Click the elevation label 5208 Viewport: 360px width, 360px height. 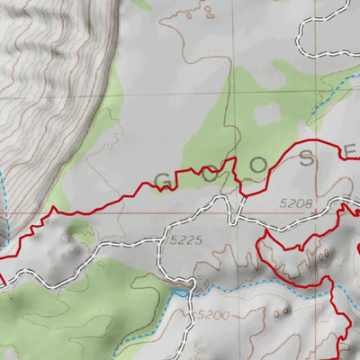(295, 204)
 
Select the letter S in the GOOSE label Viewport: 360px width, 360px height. (309, 158)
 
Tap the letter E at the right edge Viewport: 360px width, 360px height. (351, 150)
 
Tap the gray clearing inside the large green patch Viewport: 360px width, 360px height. (267, 113)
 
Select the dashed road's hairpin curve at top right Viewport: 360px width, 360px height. (306, 36)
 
